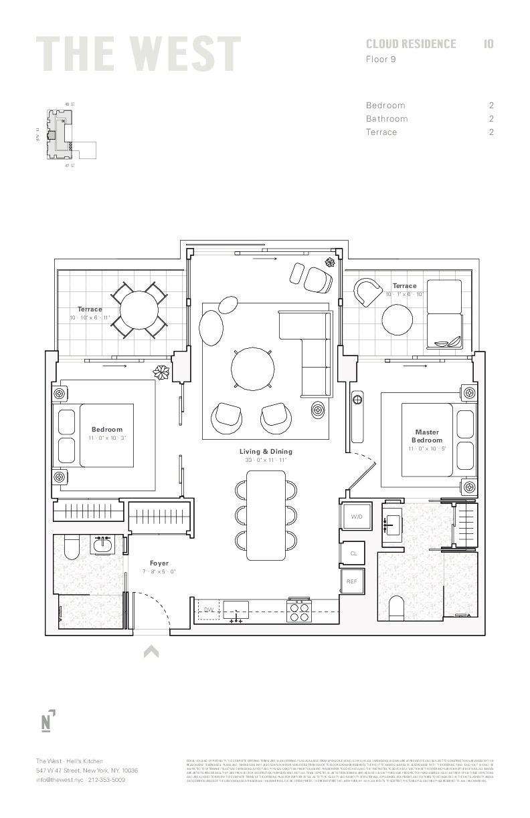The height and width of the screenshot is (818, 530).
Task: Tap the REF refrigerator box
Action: coord(352,581)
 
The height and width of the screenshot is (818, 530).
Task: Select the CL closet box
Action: coord(353,553)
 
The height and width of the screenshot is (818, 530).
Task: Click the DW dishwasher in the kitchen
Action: coord(208,609)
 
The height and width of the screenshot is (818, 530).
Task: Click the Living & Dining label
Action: coord(266,452)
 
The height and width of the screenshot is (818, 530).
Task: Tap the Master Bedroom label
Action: coord(427,436)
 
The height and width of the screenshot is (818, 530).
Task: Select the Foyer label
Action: coord(159,563)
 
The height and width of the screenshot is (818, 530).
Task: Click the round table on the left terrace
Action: coord(139,309)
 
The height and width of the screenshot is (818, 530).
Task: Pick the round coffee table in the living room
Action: coord(252,368)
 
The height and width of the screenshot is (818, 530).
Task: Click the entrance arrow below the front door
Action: coord(151,652)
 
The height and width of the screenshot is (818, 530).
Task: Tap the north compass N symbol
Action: coord(47,722)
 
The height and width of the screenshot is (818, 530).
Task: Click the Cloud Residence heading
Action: coord(411,44)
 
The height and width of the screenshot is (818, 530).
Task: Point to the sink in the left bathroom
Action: coord(102,545)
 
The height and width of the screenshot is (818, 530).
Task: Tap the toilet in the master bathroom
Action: coord(396,607)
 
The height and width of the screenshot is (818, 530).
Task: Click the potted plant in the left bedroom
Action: coord(161,372)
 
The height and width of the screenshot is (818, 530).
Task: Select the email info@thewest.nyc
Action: coord(60,780)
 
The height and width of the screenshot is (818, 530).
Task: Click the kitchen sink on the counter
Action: coord(236,609)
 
